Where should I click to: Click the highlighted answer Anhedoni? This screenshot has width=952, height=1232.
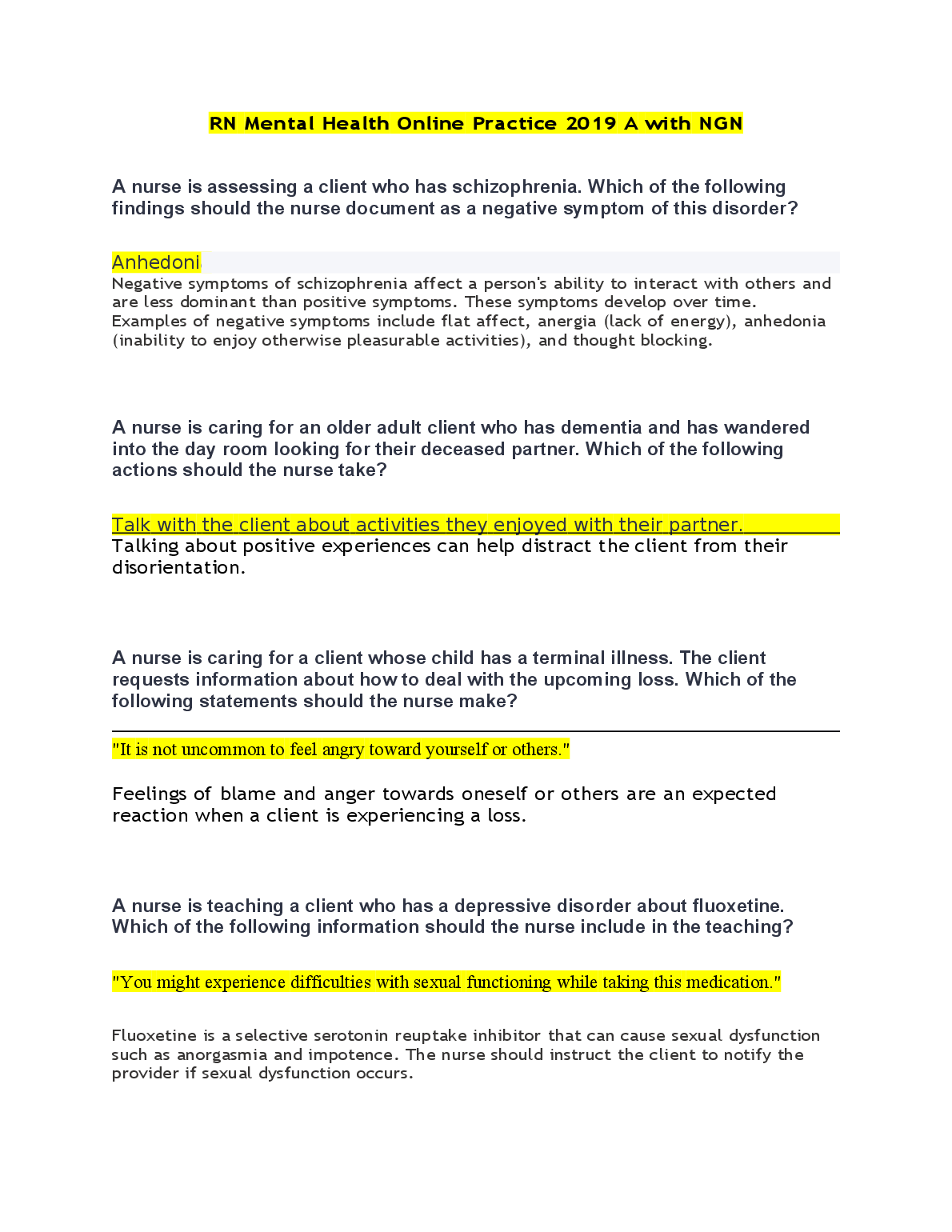point(156,262)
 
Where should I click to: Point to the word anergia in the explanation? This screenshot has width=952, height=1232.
point(566,322)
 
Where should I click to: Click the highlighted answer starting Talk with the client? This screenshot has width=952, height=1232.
point(427,525)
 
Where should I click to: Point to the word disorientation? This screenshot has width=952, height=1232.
point(178,568)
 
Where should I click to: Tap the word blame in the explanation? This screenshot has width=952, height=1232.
point(248,794)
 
